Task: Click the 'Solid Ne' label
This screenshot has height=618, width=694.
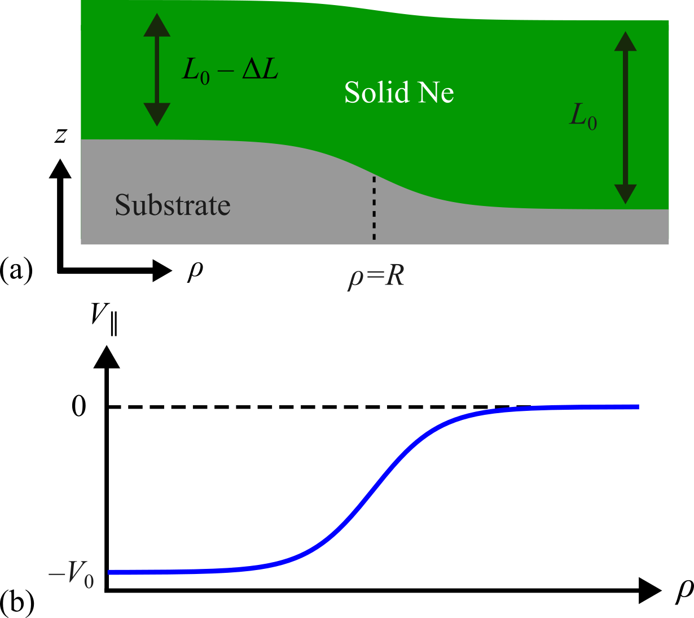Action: click(399, 93)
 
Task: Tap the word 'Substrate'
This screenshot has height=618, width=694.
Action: click(173, 205)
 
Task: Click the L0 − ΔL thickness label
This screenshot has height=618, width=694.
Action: click(230, 71)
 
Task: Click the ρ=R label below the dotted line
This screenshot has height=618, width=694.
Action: click(376, 277)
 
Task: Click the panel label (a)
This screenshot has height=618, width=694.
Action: click(16, 269)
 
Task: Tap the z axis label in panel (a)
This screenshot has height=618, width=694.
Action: click(60, 135)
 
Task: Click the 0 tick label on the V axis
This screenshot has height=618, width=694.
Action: click(79, 406)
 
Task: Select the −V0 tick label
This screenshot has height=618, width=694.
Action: click(72, 575)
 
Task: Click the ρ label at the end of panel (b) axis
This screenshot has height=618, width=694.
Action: click(684, 590)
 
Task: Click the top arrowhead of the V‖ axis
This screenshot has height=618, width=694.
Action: click(106, 357)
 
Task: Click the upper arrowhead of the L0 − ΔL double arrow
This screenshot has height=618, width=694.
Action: click(157, 25)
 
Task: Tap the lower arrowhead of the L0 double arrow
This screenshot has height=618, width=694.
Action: click(625, 194)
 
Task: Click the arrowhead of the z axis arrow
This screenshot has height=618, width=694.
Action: click(60, 169)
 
